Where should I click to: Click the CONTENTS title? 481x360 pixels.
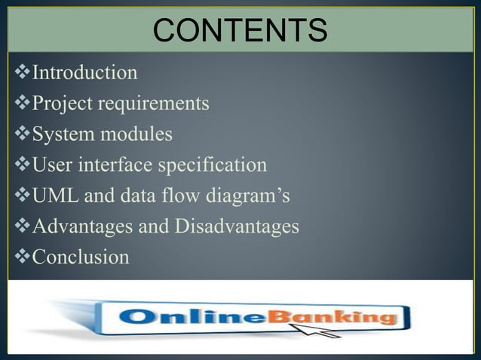(x=240, y=31)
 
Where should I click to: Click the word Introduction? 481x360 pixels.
(x=84, y=73)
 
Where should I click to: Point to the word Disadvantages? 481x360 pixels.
(x=237, y=227)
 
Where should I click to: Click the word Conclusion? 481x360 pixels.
(x=80, y=258)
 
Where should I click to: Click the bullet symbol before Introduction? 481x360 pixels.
(x=21, y=73)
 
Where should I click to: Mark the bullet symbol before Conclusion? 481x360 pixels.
(x=21, y=258)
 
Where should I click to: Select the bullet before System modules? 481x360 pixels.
(x=21, y=135)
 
